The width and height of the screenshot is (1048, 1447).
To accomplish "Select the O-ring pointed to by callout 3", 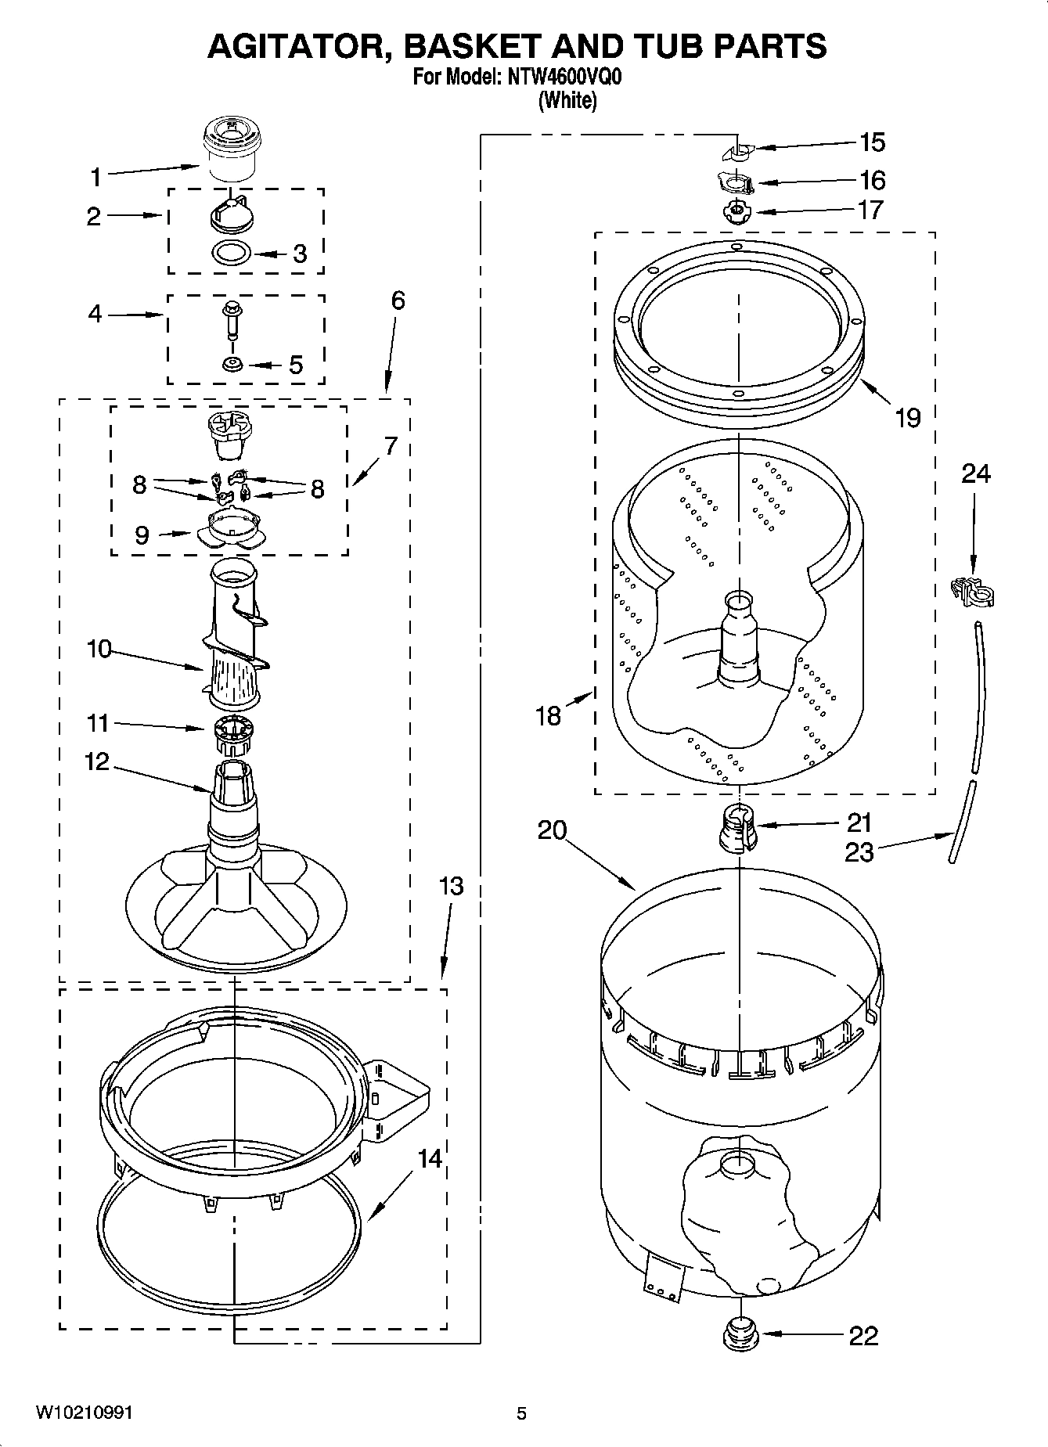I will click(x=232, y=254).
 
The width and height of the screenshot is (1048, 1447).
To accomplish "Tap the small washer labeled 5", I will click(x=232, y=364).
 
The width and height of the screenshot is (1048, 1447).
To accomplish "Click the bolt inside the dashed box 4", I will click(x=231, y=319).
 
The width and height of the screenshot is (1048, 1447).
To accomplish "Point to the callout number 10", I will click(x=99, y=649).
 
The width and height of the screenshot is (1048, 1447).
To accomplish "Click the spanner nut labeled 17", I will click(x=734, y=212).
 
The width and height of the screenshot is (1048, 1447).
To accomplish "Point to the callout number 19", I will click(x=908, y=418).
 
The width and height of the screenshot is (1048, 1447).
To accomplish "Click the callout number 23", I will click(x=859, y=851).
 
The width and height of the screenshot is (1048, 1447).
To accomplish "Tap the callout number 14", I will click(x=429, y=1158).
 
